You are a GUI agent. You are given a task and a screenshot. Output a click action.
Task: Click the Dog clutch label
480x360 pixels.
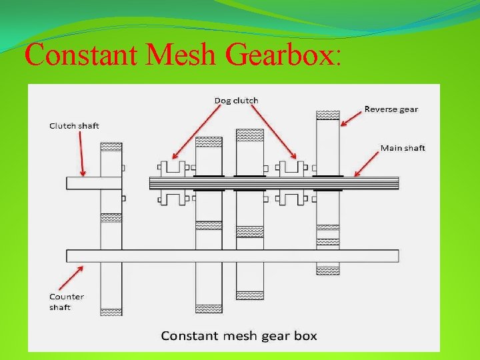236,101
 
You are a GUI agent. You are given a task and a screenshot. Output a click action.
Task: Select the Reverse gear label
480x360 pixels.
391,109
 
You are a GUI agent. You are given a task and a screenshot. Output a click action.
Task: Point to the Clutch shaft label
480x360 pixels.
74,125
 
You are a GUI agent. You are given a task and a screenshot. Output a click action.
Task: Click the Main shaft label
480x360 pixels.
403,147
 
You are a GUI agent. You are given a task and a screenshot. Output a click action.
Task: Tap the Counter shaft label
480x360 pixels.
67,301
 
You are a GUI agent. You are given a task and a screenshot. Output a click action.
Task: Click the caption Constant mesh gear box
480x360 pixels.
239,335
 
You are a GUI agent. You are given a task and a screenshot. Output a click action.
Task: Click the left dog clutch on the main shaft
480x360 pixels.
173,182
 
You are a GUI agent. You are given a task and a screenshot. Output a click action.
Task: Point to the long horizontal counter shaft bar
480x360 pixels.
233,255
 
